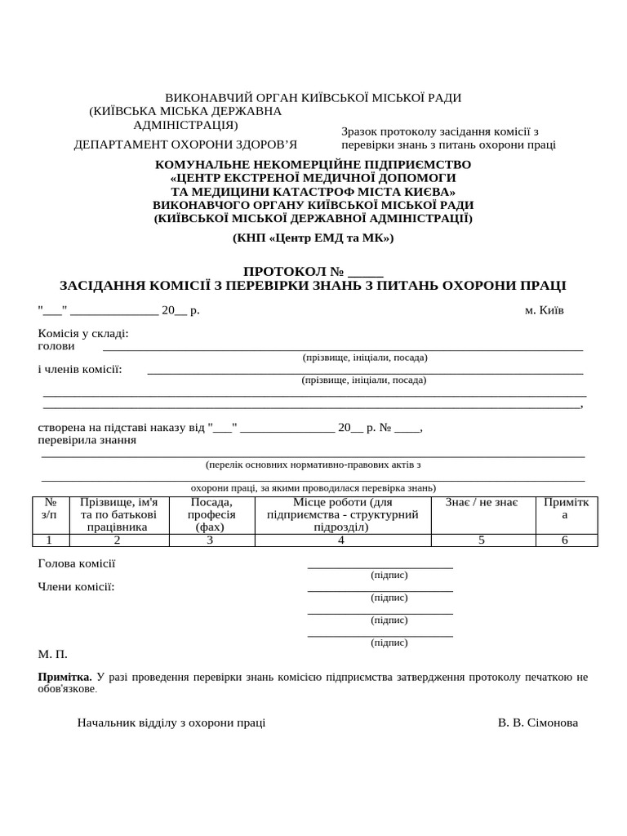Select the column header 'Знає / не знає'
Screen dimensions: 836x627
482,502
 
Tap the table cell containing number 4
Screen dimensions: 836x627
341,540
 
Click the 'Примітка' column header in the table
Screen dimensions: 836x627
565,509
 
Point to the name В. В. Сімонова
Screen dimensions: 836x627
537,723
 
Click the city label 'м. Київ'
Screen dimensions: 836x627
543,310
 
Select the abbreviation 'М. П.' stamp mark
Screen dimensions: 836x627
52,654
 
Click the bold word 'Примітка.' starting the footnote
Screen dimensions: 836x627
65,677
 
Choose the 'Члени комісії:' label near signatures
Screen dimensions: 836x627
77,586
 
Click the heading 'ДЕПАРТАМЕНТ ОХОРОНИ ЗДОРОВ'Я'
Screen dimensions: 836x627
186,145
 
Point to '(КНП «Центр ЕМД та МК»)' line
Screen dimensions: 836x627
313,238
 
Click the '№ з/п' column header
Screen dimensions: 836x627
50,509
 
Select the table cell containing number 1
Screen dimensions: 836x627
50,540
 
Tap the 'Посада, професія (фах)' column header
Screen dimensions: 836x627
210,514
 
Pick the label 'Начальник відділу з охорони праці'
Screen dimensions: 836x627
171,723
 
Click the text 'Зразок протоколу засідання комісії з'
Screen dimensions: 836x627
440,131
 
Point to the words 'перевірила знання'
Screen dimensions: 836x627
87,440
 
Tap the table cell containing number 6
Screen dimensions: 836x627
565,540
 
